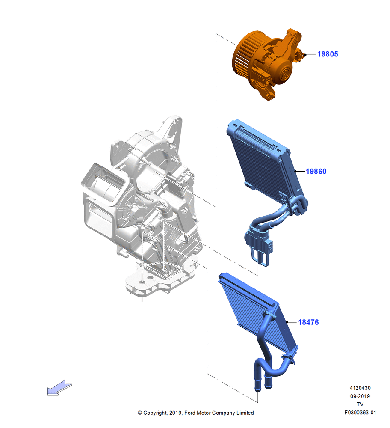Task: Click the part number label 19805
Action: click(328, 54)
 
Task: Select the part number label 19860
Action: click(316, 172)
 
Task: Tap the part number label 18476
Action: click(308, 322)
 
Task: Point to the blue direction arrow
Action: click(59, 388)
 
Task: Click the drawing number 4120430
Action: click(360, 388)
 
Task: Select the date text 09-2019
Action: click(360, 396)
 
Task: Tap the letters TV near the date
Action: click(360, 404)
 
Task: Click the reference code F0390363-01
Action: click(360, 413)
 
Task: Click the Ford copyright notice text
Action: click(195, 413)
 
